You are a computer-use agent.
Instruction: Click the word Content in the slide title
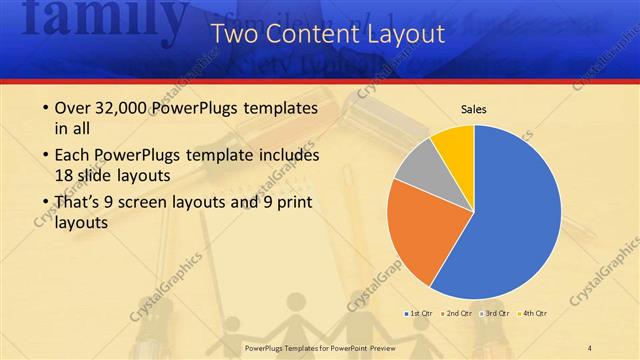318,35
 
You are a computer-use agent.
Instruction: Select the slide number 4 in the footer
590,346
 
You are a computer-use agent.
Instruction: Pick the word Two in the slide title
240,35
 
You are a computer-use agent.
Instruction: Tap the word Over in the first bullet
75,108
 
